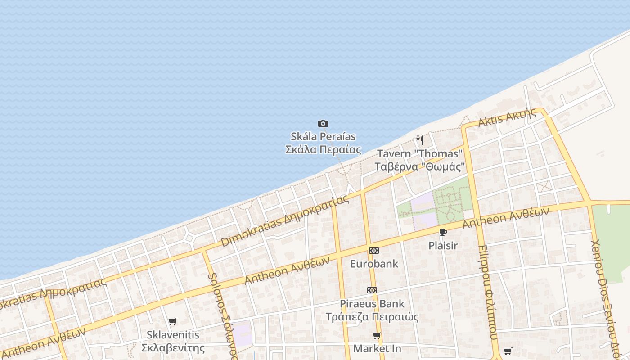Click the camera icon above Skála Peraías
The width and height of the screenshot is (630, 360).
tap(323, 123)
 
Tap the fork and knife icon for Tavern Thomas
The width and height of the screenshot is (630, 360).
tap(419, 140)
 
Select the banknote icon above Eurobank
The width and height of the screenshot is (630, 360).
tap(373, 251)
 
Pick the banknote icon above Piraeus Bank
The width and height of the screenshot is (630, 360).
tap(372, 290)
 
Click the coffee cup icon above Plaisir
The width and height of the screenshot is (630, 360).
tap(443, 232)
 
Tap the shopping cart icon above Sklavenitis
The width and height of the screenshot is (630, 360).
tap(172, 321)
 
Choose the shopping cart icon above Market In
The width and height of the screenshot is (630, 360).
tap(377, 336)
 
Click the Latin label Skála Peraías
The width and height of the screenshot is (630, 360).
tap(323, 136)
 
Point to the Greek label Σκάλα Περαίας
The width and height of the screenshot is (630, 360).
tap(323, 149)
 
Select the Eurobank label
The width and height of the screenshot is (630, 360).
tap(374, 264)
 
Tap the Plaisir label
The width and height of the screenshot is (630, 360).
tap(443, 246)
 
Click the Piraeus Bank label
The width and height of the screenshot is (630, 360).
tap(372, 304)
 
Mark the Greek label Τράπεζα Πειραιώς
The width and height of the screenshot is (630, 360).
tap(372, 317)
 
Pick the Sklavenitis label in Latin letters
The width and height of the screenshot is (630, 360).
tap(173, 335)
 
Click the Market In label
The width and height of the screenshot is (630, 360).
tap(377, 349)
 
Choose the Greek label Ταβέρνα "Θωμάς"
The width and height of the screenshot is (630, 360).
tap(419, 166)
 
